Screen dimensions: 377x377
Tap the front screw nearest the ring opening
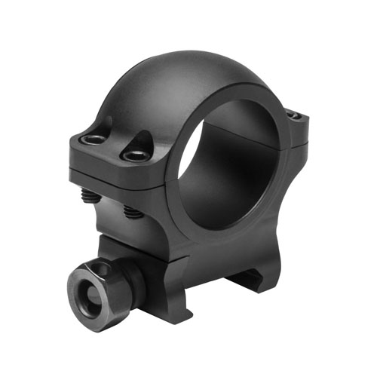[136, 155]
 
